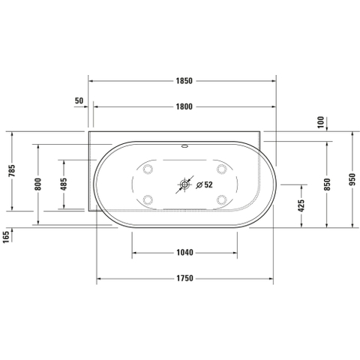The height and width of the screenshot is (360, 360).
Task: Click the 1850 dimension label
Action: click(184, 81)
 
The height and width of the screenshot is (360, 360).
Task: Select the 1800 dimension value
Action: click(184, 106)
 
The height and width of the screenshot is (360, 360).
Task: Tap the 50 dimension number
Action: click(79, 100)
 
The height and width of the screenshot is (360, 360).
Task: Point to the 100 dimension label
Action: click(320, 122)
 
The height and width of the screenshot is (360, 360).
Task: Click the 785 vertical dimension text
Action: click(12, 170)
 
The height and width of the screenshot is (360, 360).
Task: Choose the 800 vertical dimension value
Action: click(37, 184)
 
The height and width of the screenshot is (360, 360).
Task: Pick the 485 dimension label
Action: click(64, 184)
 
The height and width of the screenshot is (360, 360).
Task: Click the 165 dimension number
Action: click(6, 236)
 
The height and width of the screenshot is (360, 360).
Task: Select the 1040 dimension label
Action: click(184, 253)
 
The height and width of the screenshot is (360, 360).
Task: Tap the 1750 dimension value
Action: click(184, 278)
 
